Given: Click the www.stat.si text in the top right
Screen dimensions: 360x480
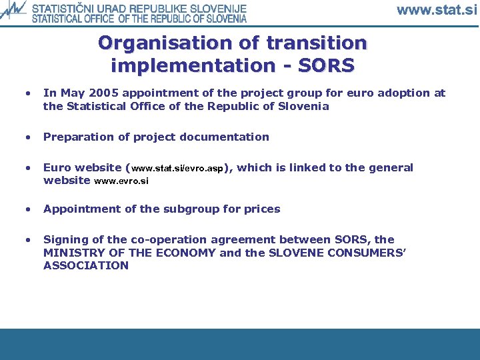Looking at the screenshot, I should [x=437, y=10].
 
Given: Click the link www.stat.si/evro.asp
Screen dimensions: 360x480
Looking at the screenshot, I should [x=179, y=169].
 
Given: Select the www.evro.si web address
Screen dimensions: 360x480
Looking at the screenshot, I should [x=121, y=181].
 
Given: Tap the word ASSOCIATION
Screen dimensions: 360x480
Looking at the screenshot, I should [x=86, y=265].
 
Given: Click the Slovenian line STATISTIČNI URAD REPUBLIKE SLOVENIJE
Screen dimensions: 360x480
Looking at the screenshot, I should [x=139, y=9].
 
